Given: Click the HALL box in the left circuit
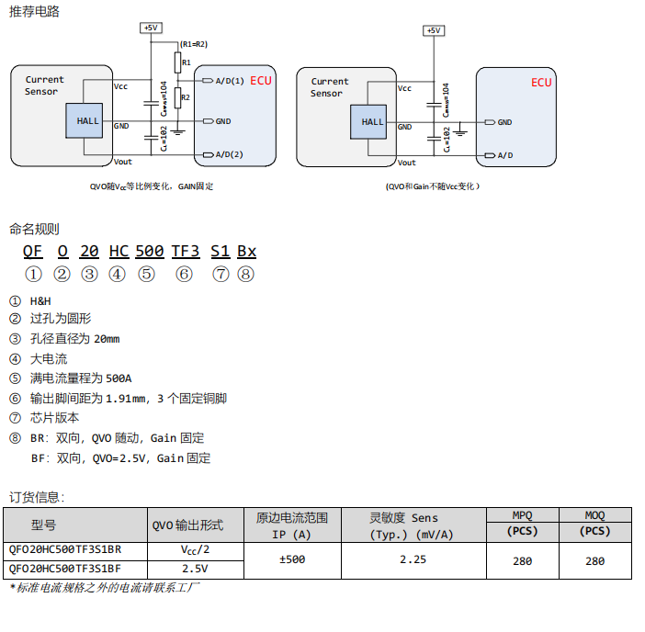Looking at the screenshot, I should [88, 121].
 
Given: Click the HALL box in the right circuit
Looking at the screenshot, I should [373, 121].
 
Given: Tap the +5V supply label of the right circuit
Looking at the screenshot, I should [434, 30].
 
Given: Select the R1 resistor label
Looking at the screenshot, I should [187, 62].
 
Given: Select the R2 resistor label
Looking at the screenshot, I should [187, 96].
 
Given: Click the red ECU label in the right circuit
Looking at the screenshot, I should [541, 83].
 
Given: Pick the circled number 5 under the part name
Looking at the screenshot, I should [146, 274].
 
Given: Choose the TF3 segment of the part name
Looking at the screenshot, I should [186, 251].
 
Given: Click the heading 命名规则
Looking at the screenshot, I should [34, 229].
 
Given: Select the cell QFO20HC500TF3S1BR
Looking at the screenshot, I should [64, 550].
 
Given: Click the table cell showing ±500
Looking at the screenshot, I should [291, 559].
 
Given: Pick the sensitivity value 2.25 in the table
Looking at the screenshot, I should [413, 559].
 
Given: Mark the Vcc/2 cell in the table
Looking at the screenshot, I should [195, 550].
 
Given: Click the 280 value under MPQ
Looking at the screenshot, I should [522, 560].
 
